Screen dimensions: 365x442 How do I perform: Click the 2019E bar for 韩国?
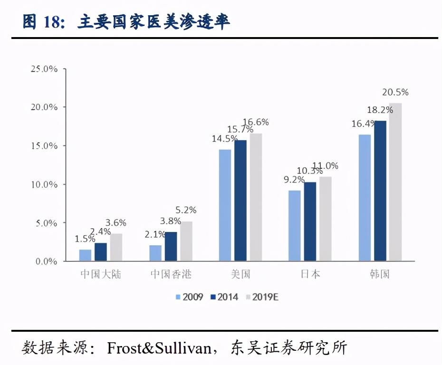click(395, 182)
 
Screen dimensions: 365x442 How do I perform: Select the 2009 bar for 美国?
click(225, 205)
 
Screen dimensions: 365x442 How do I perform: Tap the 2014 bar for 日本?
click(310, 221)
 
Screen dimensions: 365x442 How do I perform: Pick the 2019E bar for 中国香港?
click(186, 241)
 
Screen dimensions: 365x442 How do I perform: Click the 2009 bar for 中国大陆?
click(85, 255)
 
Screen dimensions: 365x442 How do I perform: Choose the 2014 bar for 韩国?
click(380, 191)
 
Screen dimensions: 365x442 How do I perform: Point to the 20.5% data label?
click(395, 93)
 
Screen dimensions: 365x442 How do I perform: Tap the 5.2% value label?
click(186, 210)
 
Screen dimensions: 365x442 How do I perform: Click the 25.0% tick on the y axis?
click(44, 69)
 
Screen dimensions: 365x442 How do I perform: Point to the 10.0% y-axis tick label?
click(44, 184)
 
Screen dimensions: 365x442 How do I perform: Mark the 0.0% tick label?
click(46, 261)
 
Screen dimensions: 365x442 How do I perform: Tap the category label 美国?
click(240, 275)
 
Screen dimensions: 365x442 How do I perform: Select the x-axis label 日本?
click(310, 275)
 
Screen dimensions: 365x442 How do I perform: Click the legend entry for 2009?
click(189, 297)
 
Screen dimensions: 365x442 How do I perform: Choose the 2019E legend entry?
click(261, 297)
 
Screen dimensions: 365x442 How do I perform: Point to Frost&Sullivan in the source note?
click(159, 348)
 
